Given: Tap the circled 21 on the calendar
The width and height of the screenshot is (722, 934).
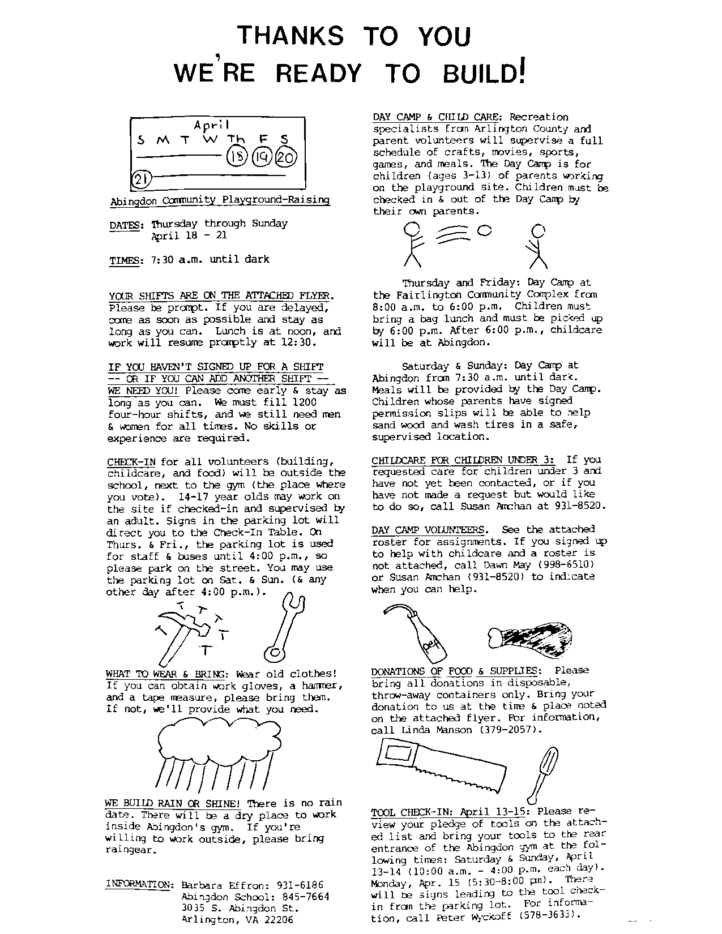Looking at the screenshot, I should click(x=140, y=179).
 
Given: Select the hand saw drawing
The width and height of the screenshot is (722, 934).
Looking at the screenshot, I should click(x=441, y=766).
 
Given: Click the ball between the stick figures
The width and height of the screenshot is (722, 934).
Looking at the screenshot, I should click(x=485, y=230).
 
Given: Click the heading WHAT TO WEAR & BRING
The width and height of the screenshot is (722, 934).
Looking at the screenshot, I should click(x=166, y=674).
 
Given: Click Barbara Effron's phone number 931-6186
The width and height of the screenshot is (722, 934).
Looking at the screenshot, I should click(x=300, y=885).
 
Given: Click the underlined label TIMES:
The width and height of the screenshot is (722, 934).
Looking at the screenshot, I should click(x=126, y=260).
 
